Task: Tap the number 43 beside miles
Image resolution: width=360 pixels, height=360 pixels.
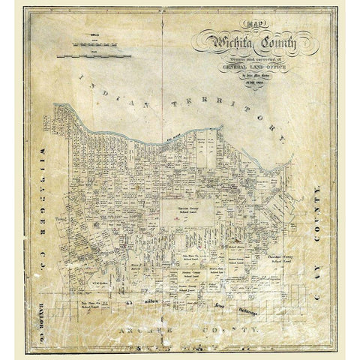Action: [128, 301]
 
